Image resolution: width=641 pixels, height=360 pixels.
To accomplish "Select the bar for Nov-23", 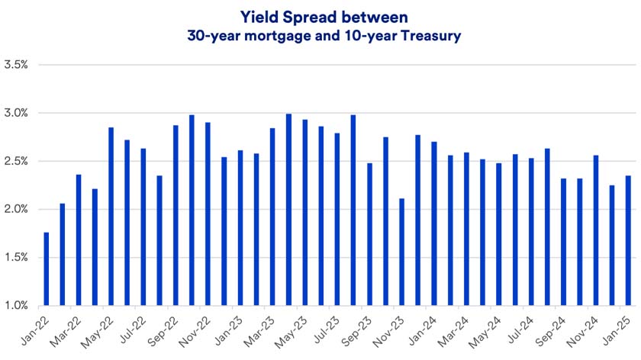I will tap(401, 252).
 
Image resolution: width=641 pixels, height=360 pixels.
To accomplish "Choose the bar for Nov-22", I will tap(192, 210).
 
